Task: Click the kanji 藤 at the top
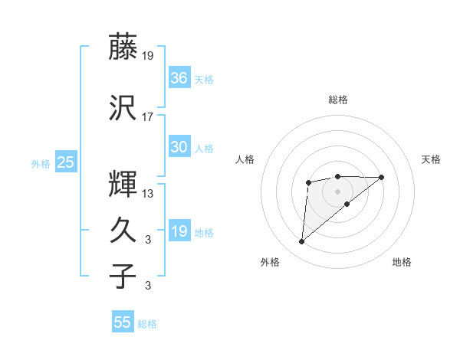tap(123, 47)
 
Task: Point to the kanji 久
tap(123, 229)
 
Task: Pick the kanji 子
tap(123, 275)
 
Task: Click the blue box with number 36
tap(179, 78)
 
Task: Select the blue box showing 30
tap(179, 147)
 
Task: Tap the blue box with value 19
tap(179, 231)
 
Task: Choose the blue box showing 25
tap(65, 162)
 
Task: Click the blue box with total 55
tap(123, 322)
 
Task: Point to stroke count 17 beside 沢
tap(148, 117)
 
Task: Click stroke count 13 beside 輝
tap(148, 193)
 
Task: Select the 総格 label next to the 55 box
tap(147, 324)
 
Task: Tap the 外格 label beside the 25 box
tap(41, 163)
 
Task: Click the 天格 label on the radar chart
tap(431, 159)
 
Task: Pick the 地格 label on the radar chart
tap(402, 262)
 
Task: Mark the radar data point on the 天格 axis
tap(382, 177)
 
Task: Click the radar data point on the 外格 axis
tap(301, 242)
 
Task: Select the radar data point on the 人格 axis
tap(308, 182)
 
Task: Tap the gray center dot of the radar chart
tap(337, 191)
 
